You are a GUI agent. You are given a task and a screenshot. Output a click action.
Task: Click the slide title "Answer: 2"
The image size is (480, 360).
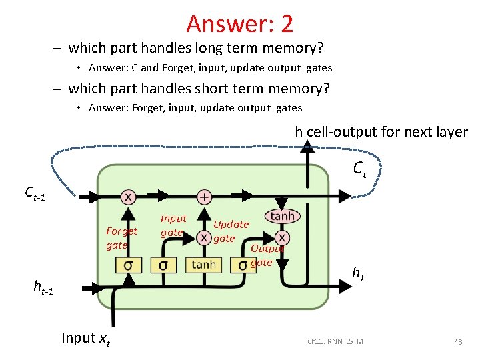coord(239,23)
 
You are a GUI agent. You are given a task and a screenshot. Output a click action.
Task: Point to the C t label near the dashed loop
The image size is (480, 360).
coord(359,169)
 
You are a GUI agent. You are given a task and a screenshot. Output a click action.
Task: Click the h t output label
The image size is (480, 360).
coord(358,272)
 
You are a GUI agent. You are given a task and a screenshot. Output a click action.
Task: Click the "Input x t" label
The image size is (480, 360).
coord(86,339)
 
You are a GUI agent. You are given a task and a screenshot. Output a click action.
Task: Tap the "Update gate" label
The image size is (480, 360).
coord(231,231)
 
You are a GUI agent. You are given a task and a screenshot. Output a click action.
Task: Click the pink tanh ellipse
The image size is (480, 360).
coord(283,216)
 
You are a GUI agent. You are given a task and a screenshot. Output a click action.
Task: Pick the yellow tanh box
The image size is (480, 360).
coord(203,265)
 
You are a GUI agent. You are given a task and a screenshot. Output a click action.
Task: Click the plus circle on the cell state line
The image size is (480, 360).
coord(204,197)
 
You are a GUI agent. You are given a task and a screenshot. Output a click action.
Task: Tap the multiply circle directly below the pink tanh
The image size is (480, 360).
coord(282,238)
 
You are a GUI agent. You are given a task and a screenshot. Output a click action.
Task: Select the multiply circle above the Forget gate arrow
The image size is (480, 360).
coord(128,197)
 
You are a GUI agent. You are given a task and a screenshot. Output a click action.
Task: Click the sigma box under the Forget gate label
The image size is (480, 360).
coord(127,265)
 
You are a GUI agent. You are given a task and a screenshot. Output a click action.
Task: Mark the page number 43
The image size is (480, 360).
coord(458,342)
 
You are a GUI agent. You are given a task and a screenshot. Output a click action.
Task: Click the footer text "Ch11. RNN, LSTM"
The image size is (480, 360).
coord(335,342)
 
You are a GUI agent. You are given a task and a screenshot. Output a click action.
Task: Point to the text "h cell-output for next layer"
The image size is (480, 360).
coord(381,132)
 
